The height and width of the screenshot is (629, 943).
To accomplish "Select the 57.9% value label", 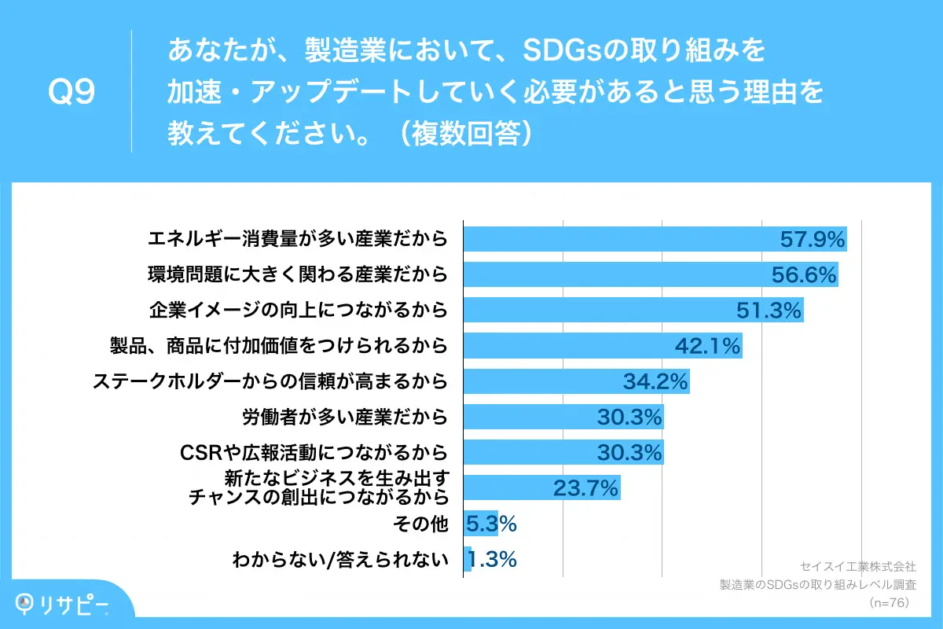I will (x=813, y=238).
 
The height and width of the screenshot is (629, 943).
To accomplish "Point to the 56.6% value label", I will (x=804, y=274).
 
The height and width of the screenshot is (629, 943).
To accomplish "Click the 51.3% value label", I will (x=769, y=310).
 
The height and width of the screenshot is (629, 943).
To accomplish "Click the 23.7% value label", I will (x=586, y=488).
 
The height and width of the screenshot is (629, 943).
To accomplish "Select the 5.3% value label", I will (x=491, y=524).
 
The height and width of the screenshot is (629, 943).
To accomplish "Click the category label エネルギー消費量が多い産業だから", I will (x=298, y=238).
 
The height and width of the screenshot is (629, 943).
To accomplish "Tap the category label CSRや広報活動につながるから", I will (x=314, y=452).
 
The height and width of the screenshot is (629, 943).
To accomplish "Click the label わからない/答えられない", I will (x=340, y=560).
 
